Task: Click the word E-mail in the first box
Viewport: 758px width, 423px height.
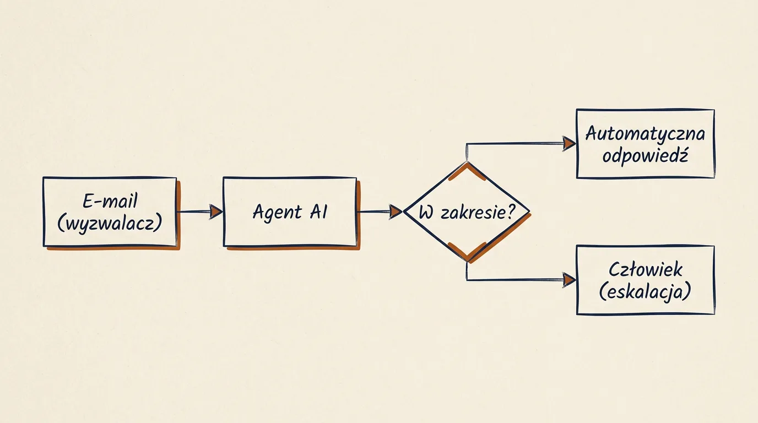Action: pos(110,201)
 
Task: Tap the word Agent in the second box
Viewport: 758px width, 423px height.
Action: pos(277,212)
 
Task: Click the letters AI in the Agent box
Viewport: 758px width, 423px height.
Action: pos(318,212)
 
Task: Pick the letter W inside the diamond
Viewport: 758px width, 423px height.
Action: pos(426,213)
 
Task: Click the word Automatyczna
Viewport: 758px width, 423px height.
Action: pos(645,133)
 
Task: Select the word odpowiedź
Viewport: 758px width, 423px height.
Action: pos(645,156)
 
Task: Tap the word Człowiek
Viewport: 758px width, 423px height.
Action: pos(645,269)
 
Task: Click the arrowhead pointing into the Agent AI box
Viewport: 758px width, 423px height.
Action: pos(216,212)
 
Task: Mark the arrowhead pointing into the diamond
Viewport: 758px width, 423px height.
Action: pos(395,212)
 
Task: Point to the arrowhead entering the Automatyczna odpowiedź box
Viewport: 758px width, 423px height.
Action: pos(569,144)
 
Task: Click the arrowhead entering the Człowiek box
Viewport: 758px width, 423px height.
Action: pos(569,280)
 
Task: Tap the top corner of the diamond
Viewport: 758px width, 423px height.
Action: pos(467,163)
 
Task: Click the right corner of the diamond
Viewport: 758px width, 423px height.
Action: pos(529,211)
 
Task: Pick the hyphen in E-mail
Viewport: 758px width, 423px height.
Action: pos(97,202)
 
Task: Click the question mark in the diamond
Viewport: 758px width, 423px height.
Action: pos(511,211)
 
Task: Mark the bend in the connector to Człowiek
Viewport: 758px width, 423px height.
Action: pos(467,280)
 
